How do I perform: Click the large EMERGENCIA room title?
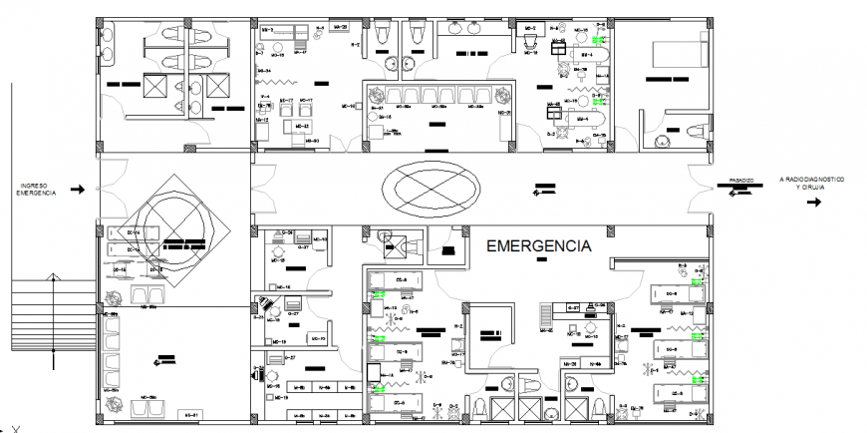point(537,244)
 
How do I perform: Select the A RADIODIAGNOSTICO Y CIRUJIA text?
point(811,182)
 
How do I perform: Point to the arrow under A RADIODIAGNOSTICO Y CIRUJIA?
point(812,203)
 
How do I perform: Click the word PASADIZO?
point(739,181)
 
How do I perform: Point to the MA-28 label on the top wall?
point(337,27)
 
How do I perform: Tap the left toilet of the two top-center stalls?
point(383,35)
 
